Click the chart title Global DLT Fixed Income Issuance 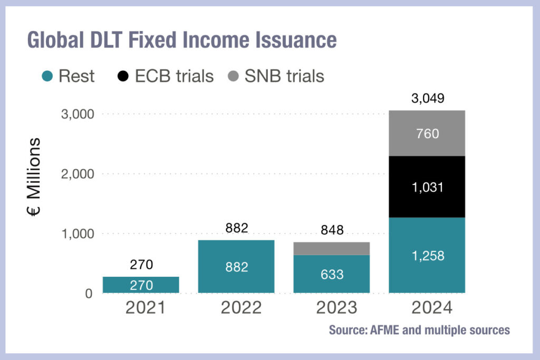181,41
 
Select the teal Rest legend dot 47,76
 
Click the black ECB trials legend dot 123,76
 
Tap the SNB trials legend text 284,76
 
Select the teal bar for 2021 141,285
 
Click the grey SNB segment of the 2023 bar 331,249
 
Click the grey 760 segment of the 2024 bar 427,133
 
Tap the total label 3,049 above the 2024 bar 427,99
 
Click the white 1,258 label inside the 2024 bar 427,256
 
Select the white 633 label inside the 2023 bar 331,275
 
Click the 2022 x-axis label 236,308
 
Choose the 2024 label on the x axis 427,308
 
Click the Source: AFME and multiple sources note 419,330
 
